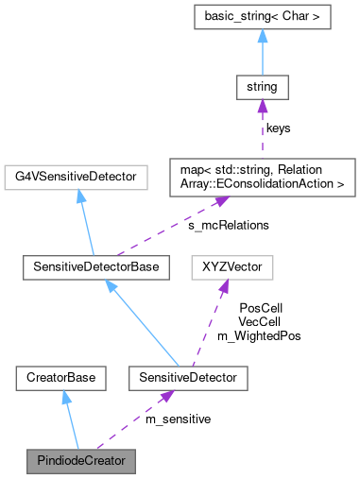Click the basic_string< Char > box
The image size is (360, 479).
[262, 17]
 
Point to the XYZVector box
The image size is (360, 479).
[232, 268]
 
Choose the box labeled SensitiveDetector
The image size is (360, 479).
[177, 379]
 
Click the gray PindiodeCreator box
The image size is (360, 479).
[80, 462]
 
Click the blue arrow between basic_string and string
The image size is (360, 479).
[262, 53]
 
